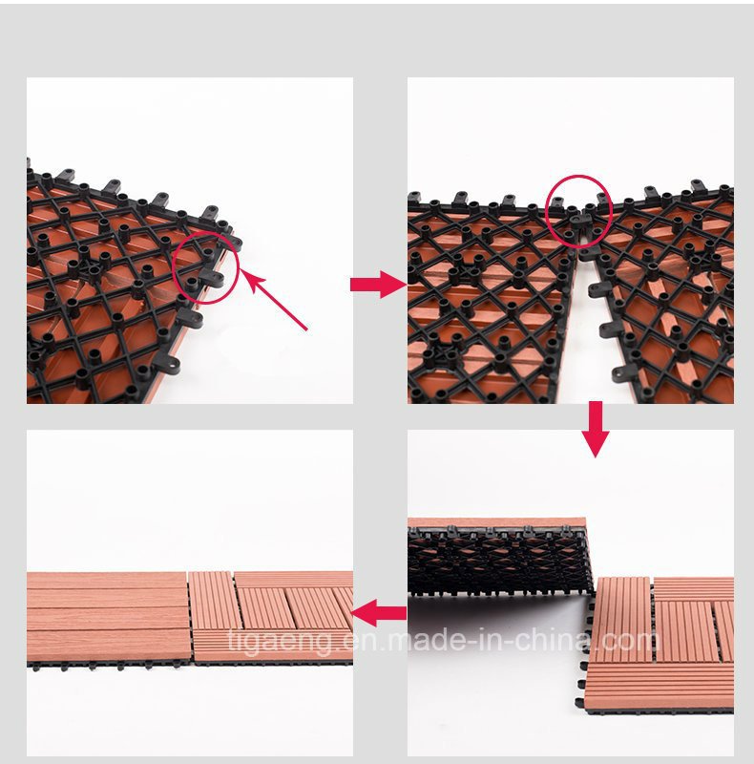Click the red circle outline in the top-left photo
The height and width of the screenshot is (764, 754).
point(174,267)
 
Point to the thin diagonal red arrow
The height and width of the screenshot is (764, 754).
point(274,300)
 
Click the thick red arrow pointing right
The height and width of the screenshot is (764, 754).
point(379,285)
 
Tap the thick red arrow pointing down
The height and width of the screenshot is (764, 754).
point(596,429)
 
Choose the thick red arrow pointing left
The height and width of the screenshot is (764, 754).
point(379,613)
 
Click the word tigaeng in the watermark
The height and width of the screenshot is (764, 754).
point(283,641)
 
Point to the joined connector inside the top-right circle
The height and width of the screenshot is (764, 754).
point(578,223)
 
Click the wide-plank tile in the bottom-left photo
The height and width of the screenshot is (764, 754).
point(107,617)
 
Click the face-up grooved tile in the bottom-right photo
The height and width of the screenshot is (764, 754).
point(660,646)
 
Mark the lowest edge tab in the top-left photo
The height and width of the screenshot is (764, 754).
point(167,363)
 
